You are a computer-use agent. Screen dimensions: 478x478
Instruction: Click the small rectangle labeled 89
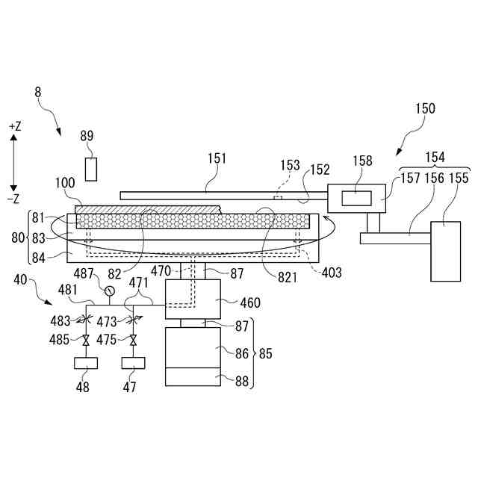click(x=90, y=169)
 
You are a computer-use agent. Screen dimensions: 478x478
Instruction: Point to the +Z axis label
click(x=15, y=127)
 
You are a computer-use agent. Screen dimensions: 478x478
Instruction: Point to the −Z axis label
click(x=15, y=199)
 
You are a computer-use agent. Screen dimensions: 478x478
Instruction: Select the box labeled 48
click(x=86, y=365)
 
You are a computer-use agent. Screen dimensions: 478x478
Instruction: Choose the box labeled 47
click(x=134, y=365)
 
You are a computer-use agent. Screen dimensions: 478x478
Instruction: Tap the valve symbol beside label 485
click(x=86, y=341)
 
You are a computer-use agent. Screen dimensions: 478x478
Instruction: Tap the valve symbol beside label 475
click(x=134, y=341)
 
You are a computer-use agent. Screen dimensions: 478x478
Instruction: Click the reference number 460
click(x=250, y=302)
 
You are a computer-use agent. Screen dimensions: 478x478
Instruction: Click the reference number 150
click(x=424, y=109)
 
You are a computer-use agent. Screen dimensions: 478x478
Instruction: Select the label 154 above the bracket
click(x=434, y=158)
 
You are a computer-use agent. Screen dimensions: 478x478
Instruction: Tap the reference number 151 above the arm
click(x=215, y=159)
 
